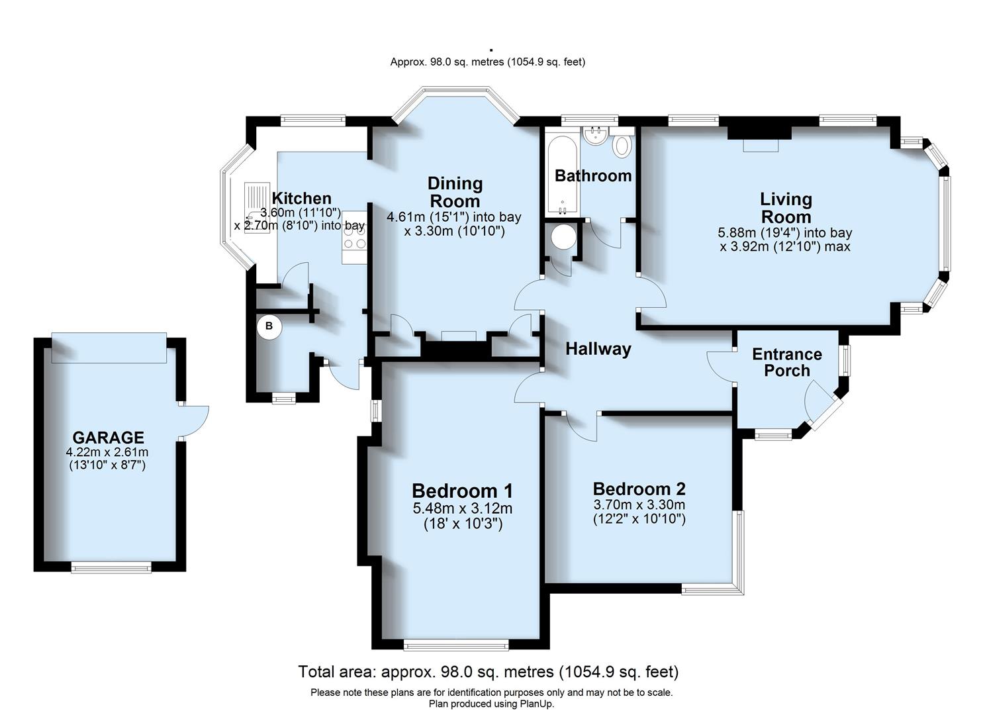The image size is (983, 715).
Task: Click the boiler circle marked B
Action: click(269, 326)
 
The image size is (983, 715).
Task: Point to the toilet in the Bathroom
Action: click(622, 146)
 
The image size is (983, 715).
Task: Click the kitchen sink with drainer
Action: click(256, 201)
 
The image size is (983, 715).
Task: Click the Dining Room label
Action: click(455, 192)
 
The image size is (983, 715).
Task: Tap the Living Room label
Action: click(786, 207)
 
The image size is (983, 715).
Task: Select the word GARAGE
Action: click(108, 438)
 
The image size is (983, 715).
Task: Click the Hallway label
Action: click(598, 349)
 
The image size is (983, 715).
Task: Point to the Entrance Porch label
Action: click(787, 362)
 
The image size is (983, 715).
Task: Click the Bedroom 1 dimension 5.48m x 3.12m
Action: click(462, 508)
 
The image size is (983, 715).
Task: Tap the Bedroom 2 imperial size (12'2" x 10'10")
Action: click(639, 519)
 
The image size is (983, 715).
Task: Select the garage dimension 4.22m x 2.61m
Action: click(107, 452)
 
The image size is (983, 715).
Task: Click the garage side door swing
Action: click(195, 421)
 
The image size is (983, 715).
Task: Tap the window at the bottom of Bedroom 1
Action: click(456, 644)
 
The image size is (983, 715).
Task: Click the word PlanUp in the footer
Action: click(536, 704)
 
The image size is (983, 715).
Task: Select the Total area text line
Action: click(489, 672)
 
